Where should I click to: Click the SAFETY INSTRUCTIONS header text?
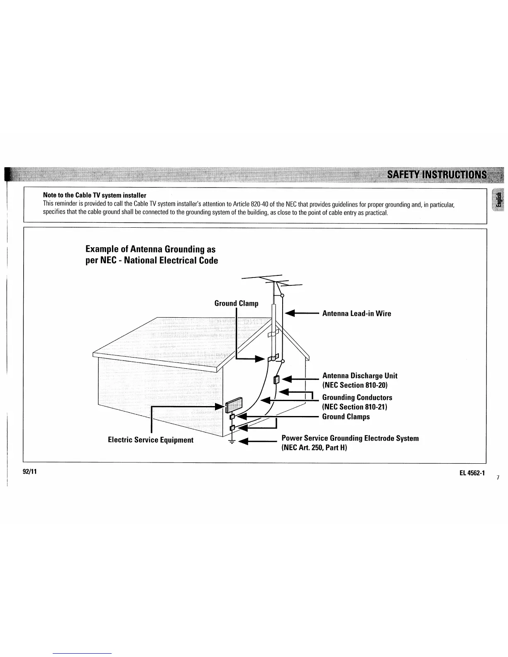tap(437, 174)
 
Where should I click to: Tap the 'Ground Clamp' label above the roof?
tap(236, 304)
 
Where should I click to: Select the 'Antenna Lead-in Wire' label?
tap(357, 314)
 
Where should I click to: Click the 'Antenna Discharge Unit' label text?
tap(360, 376)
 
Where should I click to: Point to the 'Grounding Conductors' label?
tap(357, 398)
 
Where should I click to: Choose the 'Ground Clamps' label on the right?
tap(346, 417)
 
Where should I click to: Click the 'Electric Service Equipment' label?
tap(151, 440)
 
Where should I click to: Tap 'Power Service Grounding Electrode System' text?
tap(350, 438)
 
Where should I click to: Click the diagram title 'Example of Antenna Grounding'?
tap(151, 249)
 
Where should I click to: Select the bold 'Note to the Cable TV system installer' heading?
tap(95, 195)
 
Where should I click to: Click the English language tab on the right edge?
tap(497, 200)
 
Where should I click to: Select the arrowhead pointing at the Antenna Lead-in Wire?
tap(290, 314)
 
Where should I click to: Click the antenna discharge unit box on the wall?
tap(277, 380)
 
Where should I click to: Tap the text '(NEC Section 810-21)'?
tap(354, 407)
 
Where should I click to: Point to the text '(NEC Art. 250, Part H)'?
tap(314, 448)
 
